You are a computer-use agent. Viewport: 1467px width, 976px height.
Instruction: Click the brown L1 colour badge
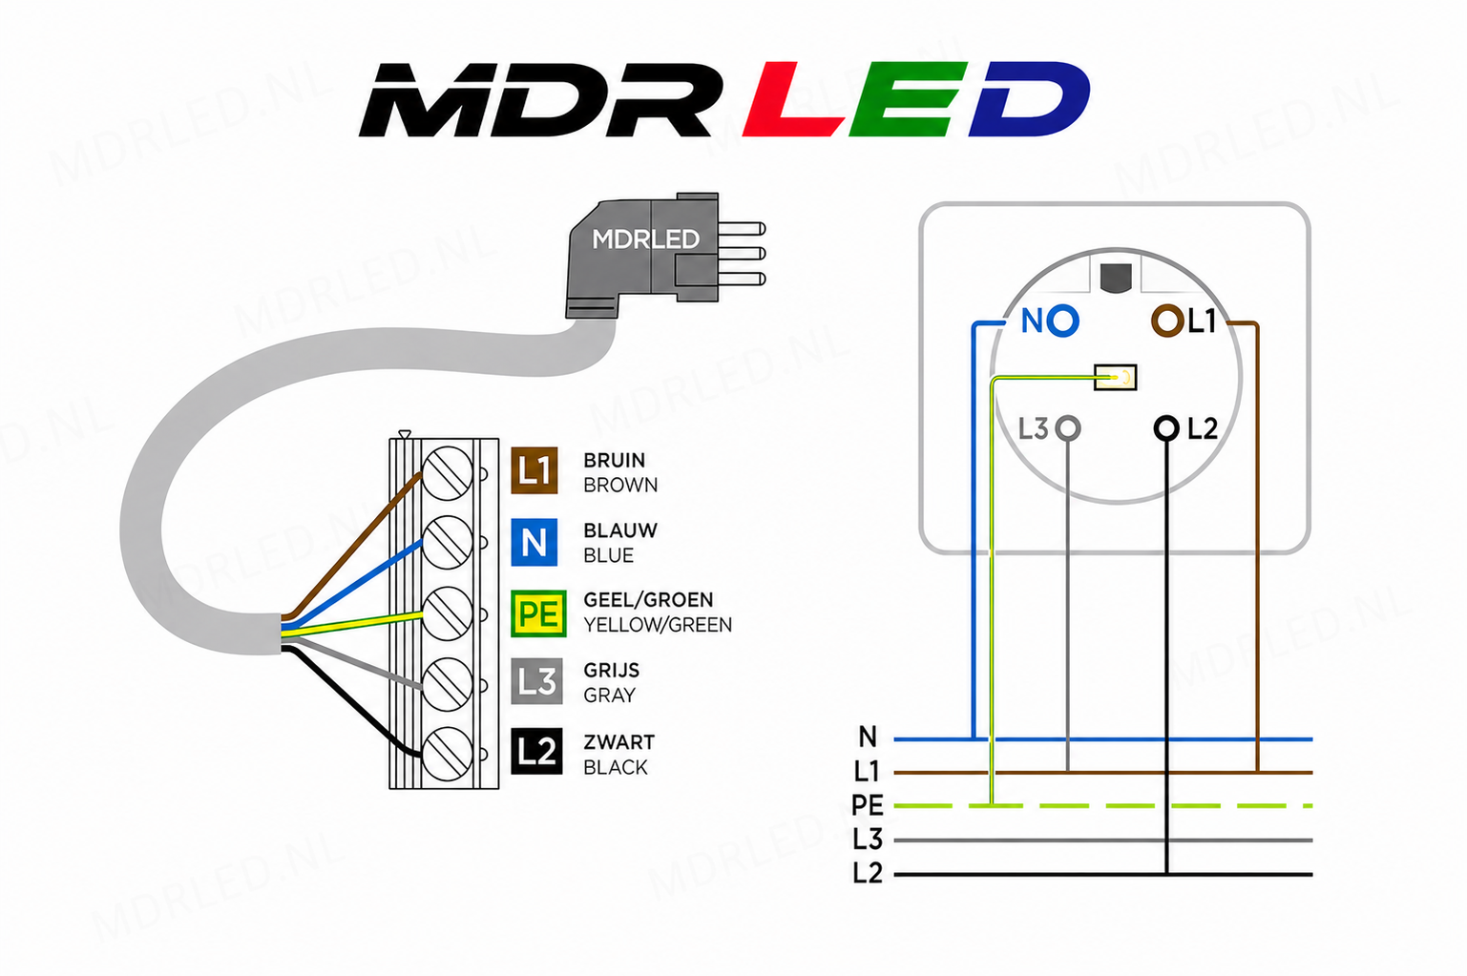pyautogui.click(x=534, y=470)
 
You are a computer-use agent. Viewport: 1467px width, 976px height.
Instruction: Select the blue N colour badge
pyautogui.click(x=534, y=542)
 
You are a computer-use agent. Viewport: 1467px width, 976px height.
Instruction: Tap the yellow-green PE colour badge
pyautogui.click(x=538, y=613)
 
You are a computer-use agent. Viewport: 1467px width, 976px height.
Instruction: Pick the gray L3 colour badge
pyautogui.click(x=536, y=681)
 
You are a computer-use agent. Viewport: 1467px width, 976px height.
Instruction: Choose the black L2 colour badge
pyautogui.click(x=536, y=751)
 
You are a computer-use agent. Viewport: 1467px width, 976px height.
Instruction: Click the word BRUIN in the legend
pyautogui.click(x=615, y=460)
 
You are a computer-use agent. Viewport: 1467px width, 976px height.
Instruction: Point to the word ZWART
pyautogui.click(x=618, y=742)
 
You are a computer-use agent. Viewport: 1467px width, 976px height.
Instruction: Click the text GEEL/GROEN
pyautogui.click(x=648, y=599)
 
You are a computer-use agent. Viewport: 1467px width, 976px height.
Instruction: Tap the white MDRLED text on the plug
pyautogui.click(x=646, y=239)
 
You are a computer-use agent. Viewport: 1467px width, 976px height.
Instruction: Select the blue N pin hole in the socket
pyautogui.click(x=1062, y=321)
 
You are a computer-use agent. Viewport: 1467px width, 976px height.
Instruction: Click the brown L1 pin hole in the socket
pyautogui.click(x=1167, y=321)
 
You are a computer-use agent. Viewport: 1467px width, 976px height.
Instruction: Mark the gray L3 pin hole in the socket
pyautogui.click(x=1068, y=428)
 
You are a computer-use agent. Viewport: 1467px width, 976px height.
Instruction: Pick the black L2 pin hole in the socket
pyautogui.click(x=1166, y=428)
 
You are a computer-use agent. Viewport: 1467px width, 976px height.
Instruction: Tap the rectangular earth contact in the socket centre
pyautogui.click(x=1116, y=377)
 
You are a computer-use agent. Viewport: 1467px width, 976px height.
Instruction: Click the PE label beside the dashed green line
pyautogui.click(x=867, y=805)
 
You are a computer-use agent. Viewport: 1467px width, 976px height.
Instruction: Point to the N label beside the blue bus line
pyautogui.click(x=868, y=737)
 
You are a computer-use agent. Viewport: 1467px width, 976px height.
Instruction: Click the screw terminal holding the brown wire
pyautogui.click(x=448, y=472)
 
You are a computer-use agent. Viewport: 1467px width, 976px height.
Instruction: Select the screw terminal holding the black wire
pyautogui.click(x=448, y=754)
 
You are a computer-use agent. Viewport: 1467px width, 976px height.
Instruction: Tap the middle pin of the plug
pyautogui.click(x=742, y=254)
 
